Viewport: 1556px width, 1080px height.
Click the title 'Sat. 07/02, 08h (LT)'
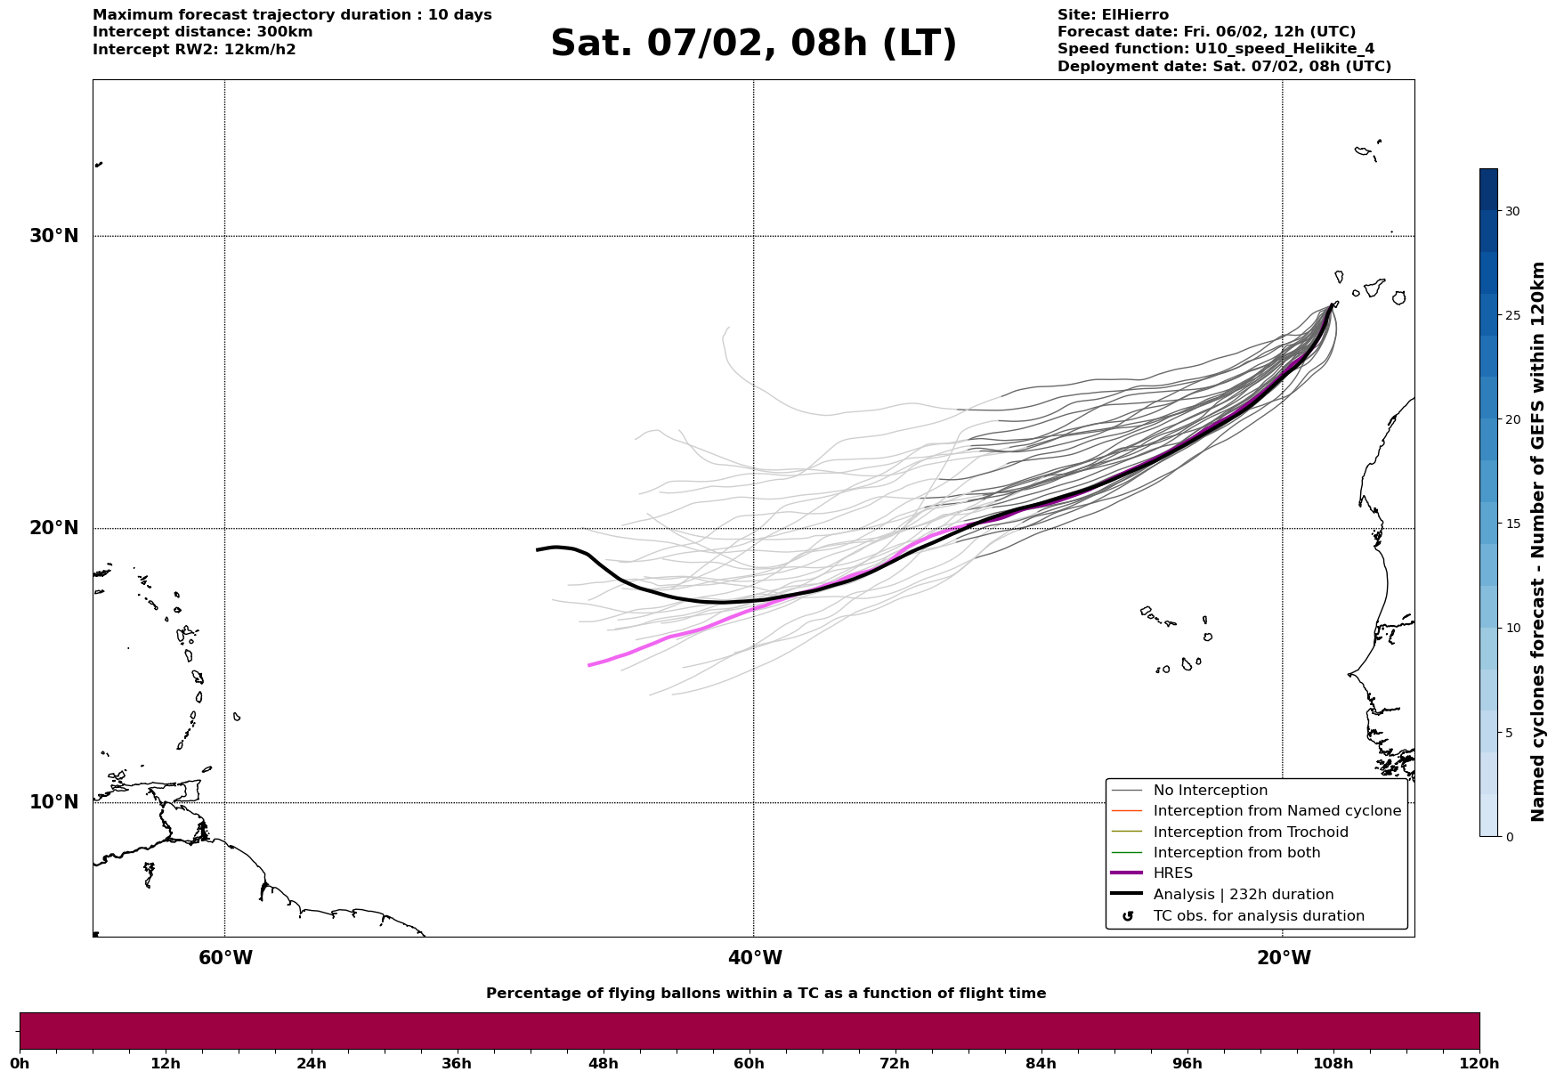coord(753,44)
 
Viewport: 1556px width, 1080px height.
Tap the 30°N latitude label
coord(54,236)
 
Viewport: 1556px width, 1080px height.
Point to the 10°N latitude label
coord(54,802)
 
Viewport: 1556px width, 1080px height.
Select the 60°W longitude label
coord(225,958)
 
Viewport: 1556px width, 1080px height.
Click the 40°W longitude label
coord(755,958)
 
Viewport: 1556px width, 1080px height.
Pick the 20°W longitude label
coord(1284,958)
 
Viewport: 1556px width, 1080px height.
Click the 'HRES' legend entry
coord(1172,873)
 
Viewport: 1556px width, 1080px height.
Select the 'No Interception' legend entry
coord(1210,791)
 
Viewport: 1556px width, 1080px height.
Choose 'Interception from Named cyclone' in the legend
coord(1276,811)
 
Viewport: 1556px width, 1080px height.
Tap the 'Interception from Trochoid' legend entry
coord(1250,832)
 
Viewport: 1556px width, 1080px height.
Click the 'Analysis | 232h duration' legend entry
coord(1243,895)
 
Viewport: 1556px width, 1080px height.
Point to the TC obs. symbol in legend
coord(1128,916)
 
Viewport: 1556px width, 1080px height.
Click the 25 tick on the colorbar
coord(1512,315)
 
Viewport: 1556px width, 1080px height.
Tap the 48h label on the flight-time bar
coord(603,1063)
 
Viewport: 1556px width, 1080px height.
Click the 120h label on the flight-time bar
coord(1479,1063)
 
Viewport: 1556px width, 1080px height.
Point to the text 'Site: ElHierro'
coord(1113,15)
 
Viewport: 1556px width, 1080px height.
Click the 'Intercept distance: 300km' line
coord(202,32)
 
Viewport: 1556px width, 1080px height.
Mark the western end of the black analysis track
coord(538,550)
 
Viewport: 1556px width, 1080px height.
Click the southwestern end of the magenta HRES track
coord(589,665)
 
